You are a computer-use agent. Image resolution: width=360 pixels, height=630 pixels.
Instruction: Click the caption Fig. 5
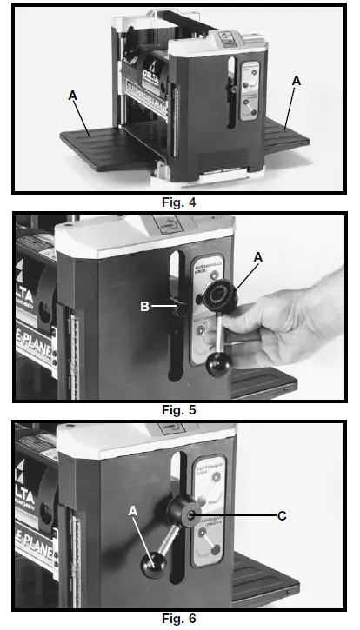[x=179, y=408]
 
